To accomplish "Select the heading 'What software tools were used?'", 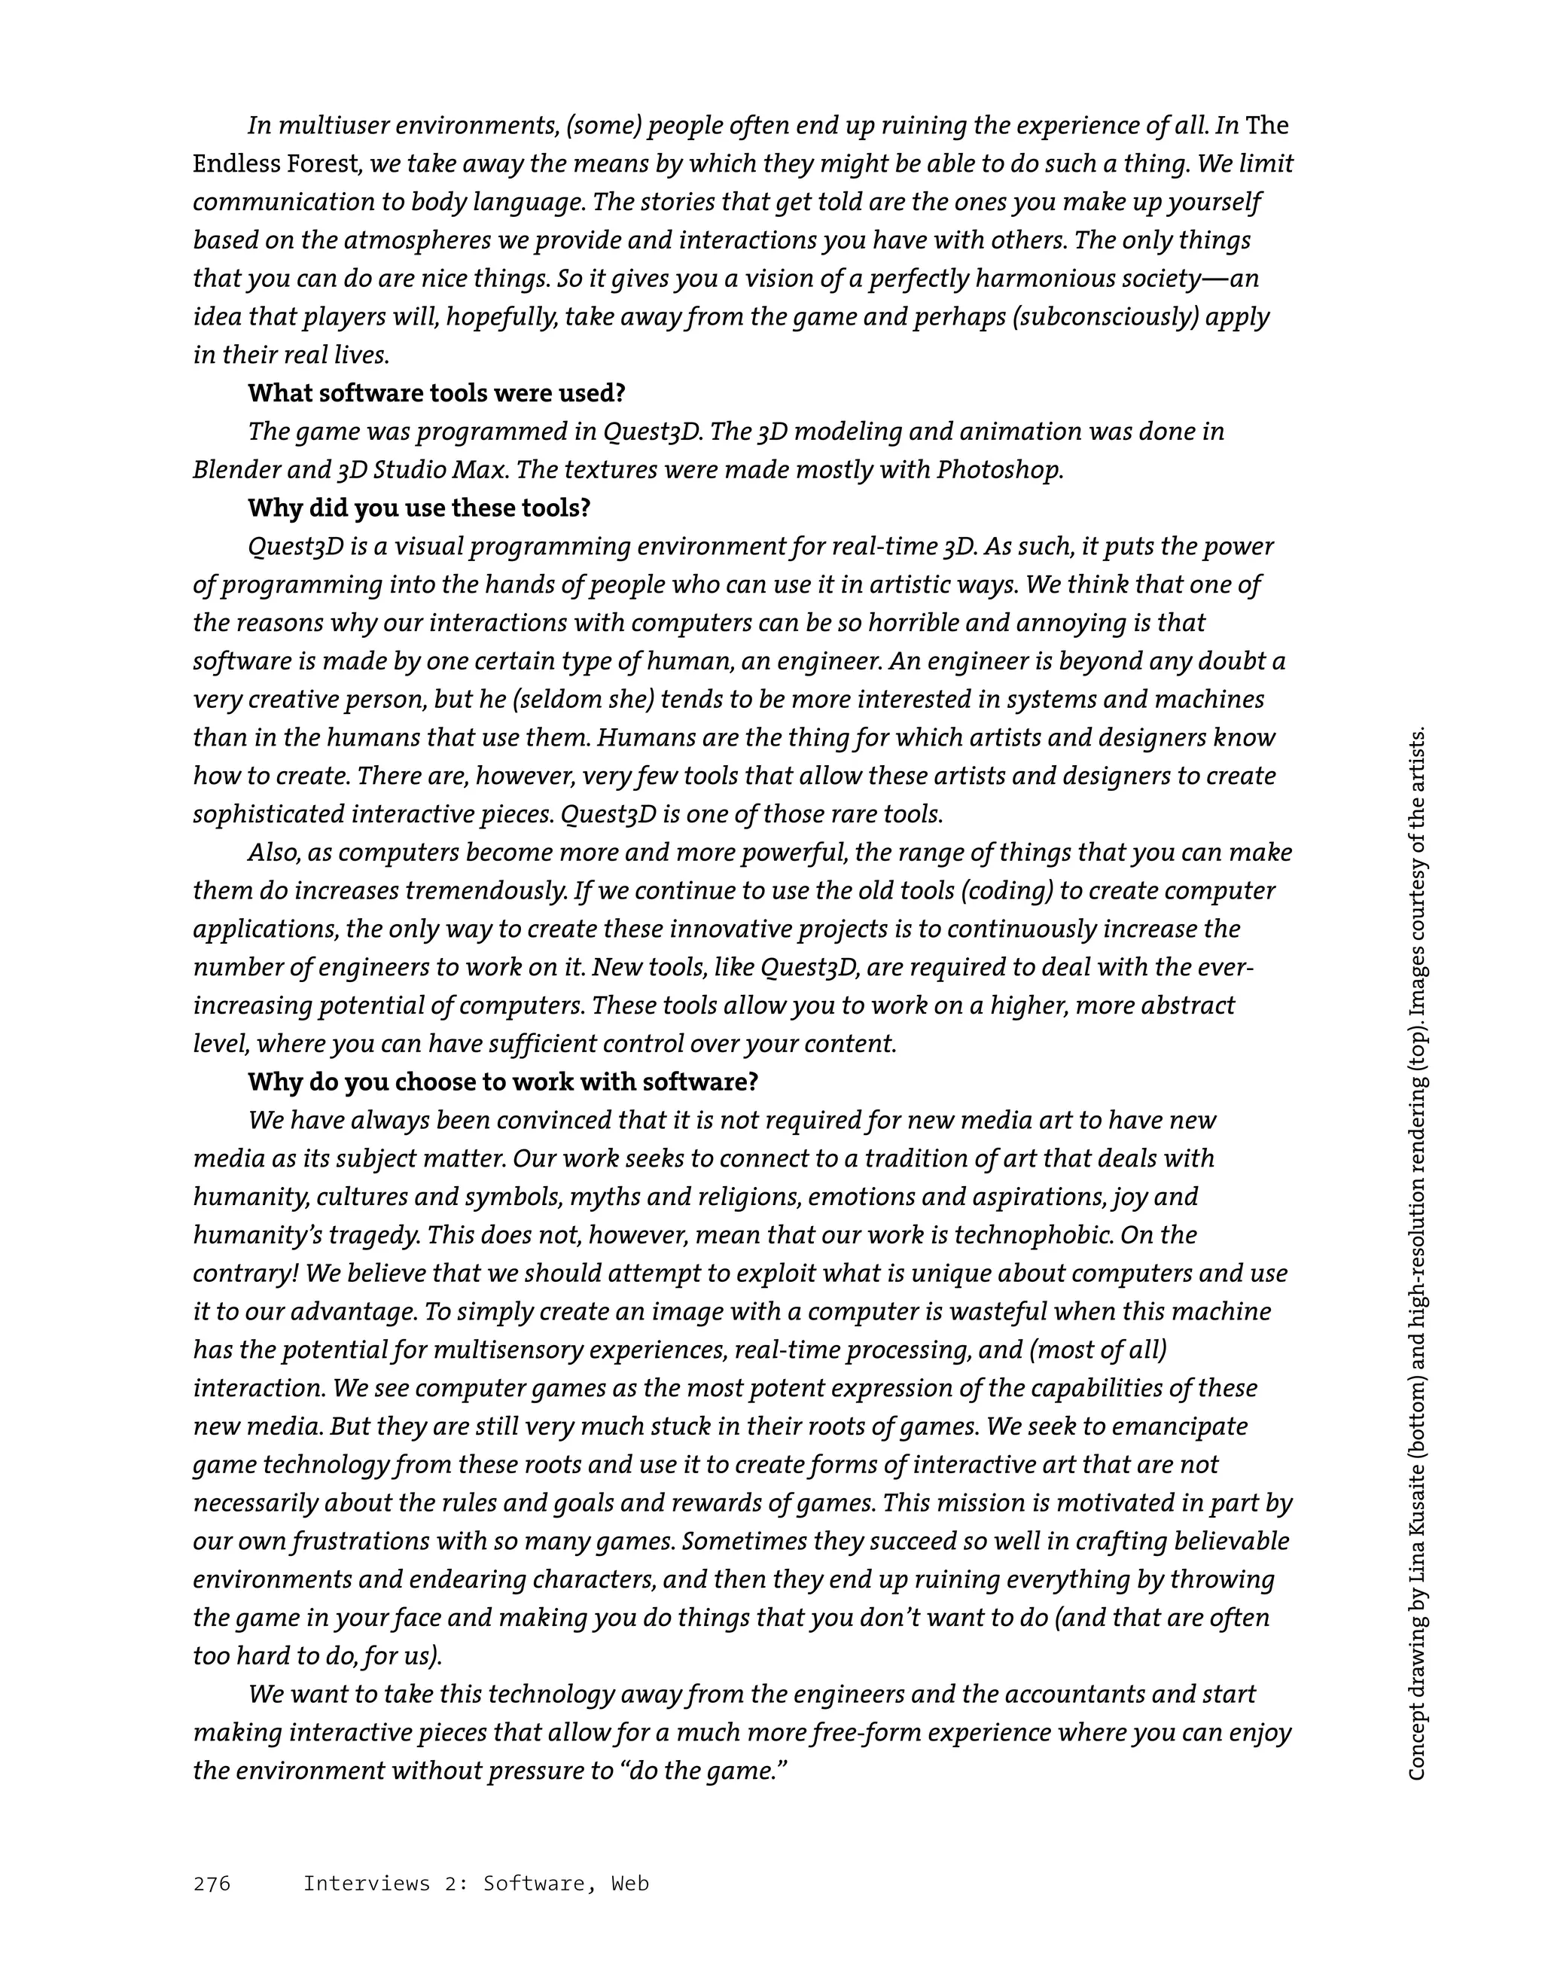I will tap(437, 393).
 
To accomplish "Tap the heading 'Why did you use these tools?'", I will tap(419, 508).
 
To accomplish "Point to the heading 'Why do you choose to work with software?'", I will tap(503, 1081).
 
